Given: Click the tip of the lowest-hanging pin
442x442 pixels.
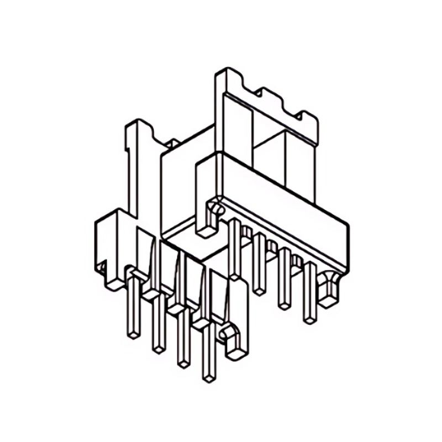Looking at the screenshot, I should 208,377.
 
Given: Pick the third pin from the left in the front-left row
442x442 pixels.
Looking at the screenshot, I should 182,340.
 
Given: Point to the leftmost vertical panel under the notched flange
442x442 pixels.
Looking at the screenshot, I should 236,127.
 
